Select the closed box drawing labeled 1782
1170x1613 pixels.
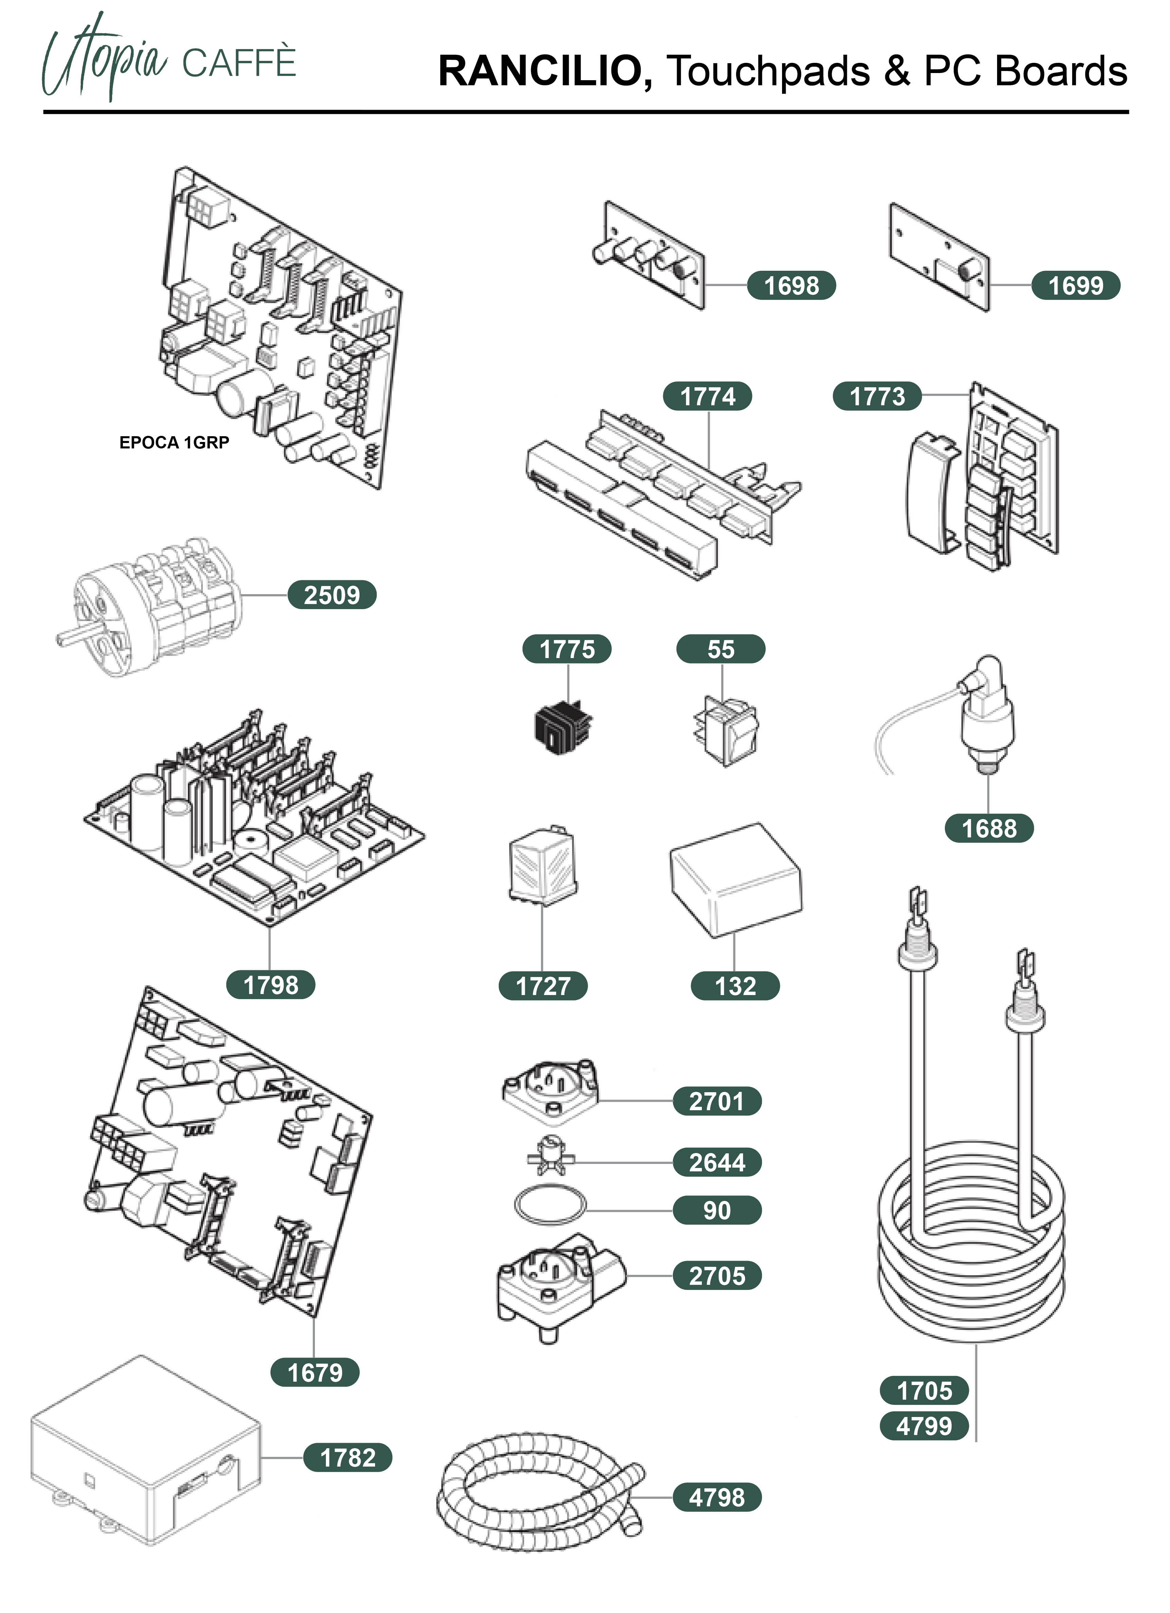pos(146,1451)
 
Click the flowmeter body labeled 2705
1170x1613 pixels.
pos(558,1280)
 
